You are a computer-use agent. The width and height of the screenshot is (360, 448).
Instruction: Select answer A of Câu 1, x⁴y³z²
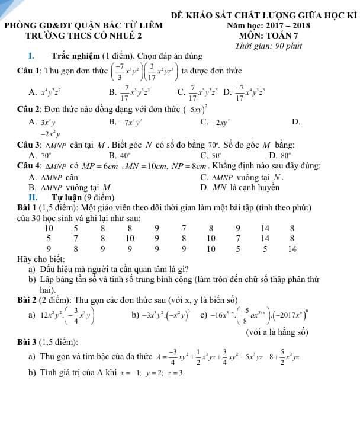tap(49, 92)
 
